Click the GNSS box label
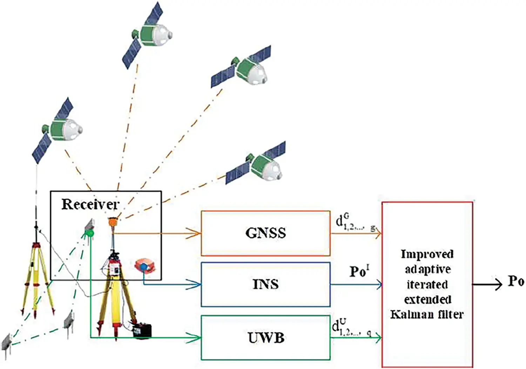(x=265, y=233)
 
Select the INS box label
(x=265, y=284)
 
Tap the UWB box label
(x=265, y=338)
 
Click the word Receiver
(x=90, y=204)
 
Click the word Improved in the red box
(x=427, y=254)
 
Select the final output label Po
(x=516, y=281)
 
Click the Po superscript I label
(x=359, y=271)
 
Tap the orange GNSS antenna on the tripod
(x=113, y=222)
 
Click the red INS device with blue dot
(x=145, y=266)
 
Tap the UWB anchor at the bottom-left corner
(x=6, y=342)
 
